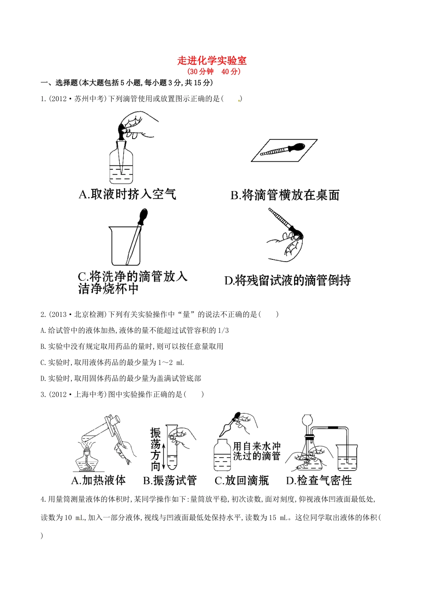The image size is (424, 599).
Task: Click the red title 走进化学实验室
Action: (x=212, y=61)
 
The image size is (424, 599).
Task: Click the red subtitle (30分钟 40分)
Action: (x=214, y=71)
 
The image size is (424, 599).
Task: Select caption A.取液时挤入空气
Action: (x=127, y=194)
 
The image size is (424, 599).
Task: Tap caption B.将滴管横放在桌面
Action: (x=285, y=195)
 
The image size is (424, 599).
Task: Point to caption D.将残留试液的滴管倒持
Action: (x=287, y=280)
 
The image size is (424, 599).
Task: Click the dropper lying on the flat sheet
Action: (x=282, y=150)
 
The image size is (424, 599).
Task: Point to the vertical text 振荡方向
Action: (x=155, y=449)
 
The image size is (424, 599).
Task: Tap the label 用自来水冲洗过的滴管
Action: (x=257, y=451)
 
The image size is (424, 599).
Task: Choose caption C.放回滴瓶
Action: (x=241, y=480)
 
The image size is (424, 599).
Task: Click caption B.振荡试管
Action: (x=170, y=480)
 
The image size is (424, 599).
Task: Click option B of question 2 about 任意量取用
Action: (x=132, y=346)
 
